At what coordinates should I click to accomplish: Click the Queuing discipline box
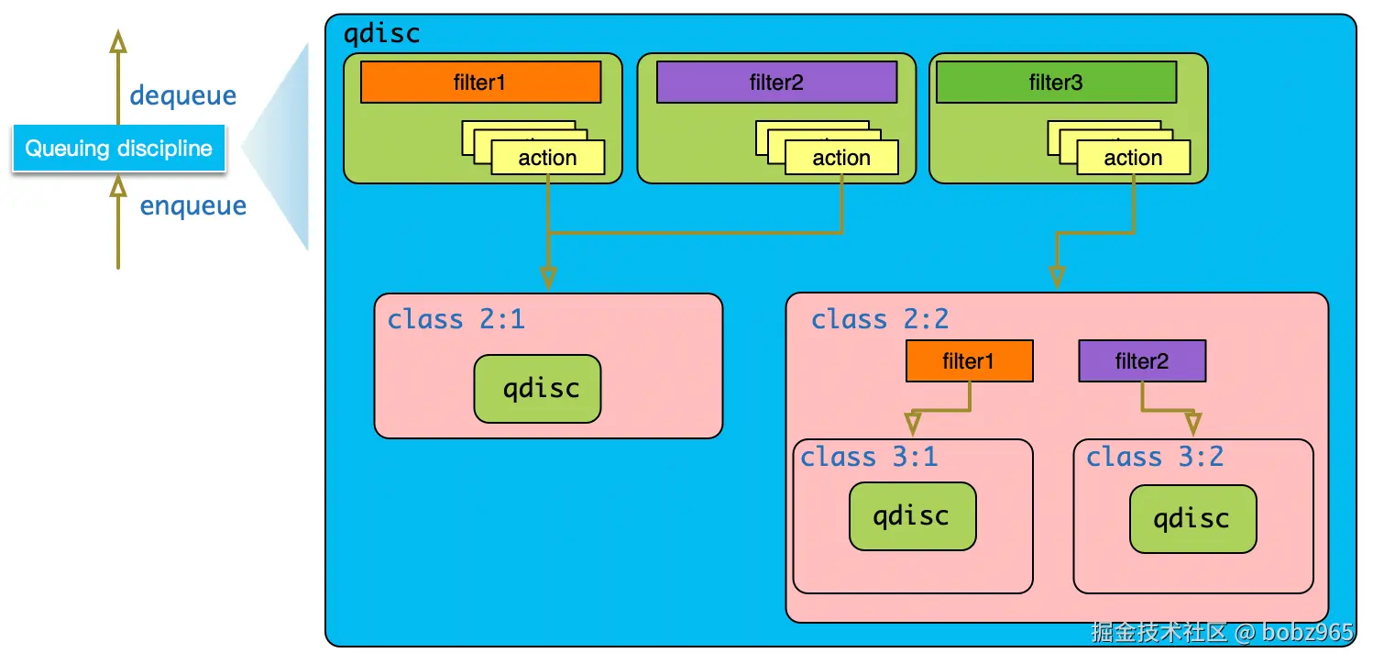[119, 148]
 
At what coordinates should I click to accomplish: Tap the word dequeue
[182, 95]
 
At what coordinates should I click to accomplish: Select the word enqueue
[193, 206]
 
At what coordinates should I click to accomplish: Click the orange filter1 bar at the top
[480, 83]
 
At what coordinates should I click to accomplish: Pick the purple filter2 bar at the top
[776, 83]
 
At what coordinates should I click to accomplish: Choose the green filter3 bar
[1056, 83]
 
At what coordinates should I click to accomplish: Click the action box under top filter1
[548, 158]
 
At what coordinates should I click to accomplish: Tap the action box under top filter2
[841, 158]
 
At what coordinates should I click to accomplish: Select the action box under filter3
[1134, 158]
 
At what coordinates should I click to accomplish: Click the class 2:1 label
[456, 319]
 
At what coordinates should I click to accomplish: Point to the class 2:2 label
[880, 319]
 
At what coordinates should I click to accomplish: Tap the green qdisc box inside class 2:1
[537, 389]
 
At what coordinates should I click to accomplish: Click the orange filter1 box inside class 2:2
[970, 361]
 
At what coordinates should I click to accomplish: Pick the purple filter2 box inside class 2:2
[1143, 361]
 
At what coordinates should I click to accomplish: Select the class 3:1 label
[869, 457]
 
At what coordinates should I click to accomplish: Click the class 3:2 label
[1155, 457]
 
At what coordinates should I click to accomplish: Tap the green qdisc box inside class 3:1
[913, 516]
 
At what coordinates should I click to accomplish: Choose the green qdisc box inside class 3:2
[1193, 519]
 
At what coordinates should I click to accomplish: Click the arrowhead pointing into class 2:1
[549, 278]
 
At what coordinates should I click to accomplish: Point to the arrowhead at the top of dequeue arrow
[118, 40]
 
